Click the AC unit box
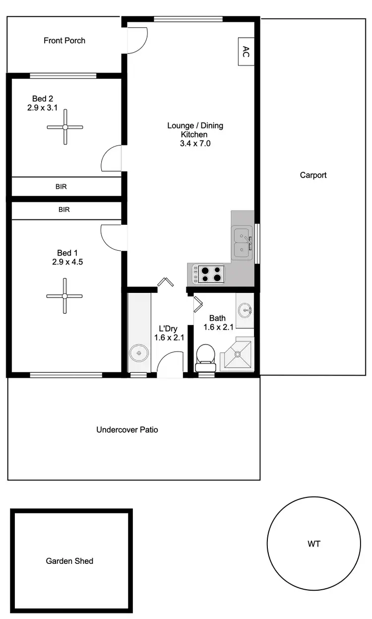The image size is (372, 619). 246,51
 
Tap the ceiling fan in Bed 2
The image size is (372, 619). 65,127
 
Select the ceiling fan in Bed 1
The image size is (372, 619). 64,296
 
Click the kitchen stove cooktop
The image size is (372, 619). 208,275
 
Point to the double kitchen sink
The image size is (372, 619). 242,242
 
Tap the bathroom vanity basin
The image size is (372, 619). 245,310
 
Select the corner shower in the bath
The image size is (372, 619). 238,354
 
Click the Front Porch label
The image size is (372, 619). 64,41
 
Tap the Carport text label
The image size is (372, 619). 313,175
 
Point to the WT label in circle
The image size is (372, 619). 314,544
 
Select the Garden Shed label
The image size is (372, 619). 69,561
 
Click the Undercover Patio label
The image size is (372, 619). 127,430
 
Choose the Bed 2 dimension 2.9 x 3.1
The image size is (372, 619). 43,107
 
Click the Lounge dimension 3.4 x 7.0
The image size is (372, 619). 194,143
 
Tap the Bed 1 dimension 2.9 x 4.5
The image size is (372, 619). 67,262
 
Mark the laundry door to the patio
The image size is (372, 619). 170,365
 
